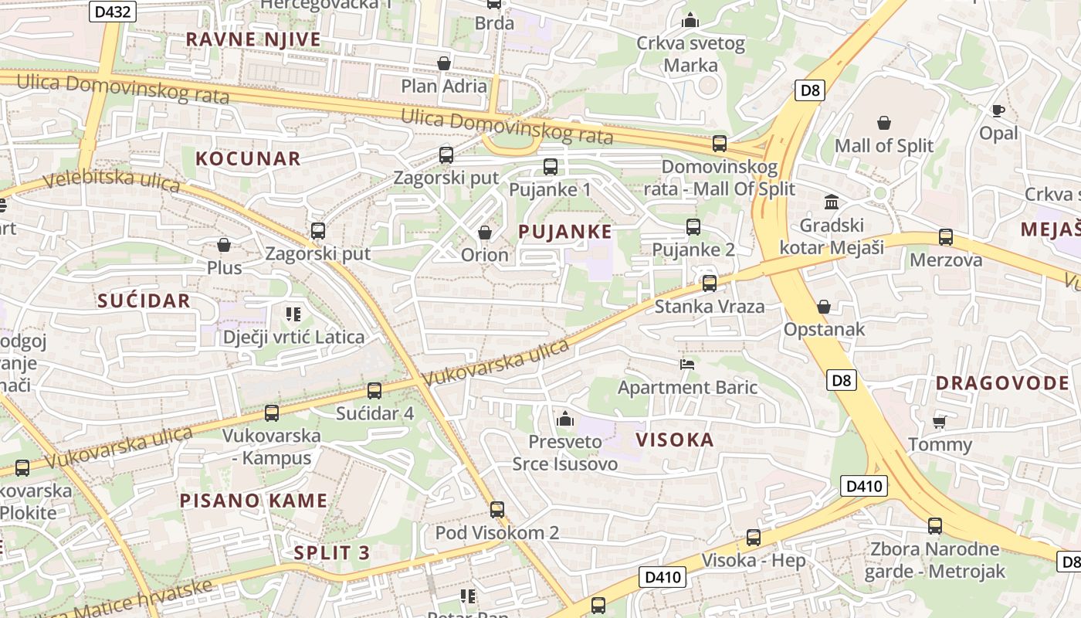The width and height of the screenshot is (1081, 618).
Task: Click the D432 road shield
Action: point(114,12)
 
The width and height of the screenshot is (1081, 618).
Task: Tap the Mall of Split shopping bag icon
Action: point(884,123)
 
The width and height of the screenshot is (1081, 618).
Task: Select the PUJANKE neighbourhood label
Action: point(565,231)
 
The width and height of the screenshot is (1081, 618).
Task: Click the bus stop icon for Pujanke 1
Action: point(551,166)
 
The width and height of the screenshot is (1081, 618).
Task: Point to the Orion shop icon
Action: point(485,232)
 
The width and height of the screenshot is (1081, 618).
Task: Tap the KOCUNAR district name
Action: point(248,159)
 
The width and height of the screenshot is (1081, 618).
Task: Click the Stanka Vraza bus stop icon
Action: point(710,284)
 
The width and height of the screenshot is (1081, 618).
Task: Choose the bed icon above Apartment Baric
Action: point(687,364)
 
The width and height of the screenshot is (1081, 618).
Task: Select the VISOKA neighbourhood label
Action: point(674,440)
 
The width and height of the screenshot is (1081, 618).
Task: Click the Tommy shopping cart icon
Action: point(940,421)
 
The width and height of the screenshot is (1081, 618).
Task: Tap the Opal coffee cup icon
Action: point(998,110)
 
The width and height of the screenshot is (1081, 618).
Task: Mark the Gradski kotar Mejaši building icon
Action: point(832,202)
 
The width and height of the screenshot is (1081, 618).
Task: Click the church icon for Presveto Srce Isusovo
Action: point(565,419)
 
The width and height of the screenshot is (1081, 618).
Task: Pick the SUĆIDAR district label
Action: point(144,301)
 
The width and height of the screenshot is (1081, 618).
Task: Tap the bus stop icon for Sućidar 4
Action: point(374,391)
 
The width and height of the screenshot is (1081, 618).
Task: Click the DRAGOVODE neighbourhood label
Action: point(1002,383)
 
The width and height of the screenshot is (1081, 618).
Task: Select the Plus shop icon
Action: point(224,245)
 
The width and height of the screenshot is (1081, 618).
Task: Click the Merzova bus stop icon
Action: point(946,237)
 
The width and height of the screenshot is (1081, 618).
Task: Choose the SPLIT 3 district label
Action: point(332,553)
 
